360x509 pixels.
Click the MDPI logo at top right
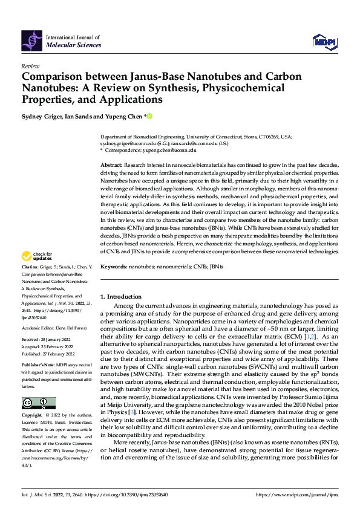point(323,41)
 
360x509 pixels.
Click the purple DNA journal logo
point(31,40)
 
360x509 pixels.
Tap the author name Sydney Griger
point(42,117)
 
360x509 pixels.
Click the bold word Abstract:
point(113,165)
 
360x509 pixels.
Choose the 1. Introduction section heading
point(120,297)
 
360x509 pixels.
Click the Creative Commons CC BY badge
point(38,403)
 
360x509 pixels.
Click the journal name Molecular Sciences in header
point(73,45)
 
